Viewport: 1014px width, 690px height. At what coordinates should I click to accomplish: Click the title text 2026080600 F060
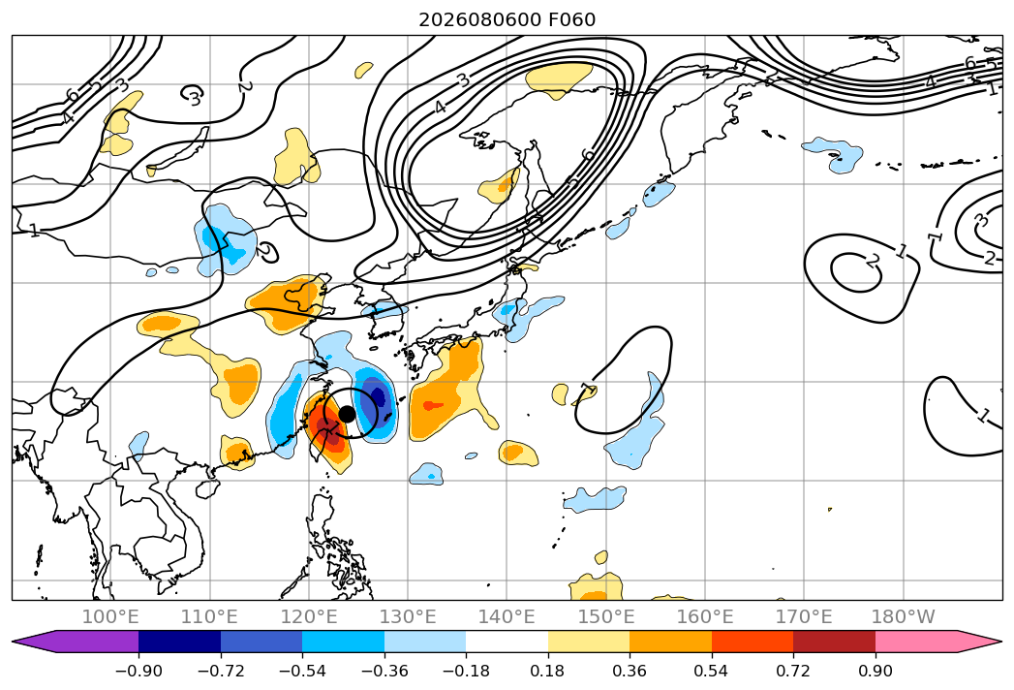(x=507, y=19)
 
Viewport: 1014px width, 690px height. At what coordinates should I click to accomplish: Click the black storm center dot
(x=348, y=414)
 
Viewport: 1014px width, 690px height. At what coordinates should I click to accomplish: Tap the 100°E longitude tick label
(x=110, y=617)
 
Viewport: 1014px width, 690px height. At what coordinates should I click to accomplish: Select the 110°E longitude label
(x=209, y=617)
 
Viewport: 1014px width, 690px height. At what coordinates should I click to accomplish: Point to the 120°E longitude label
(x=309, y=617)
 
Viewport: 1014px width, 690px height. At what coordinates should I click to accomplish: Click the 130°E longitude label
(x=408, y=617)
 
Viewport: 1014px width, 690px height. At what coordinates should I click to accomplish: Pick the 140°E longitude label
(x=507, y=617)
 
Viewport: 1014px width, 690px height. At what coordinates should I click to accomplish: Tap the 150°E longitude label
(x=606, y=617)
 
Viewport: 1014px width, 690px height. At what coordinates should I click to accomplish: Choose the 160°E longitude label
(x=705, y=617)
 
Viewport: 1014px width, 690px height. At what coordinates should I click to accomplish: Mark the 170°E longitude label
(x=804, y=617)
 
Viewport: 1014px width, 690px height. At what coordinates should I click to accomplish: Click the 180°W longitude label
(x=903, y=617)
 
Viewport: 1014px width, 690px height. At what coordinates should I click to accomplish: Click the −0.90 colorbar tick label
(x=138, y=672)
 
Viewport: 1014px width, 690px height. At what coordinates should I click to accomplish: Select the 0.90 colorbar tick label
(x=875, y=672)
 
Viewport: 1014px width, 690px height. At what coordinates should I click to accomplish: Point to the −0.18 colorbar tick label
(x=466, y=672)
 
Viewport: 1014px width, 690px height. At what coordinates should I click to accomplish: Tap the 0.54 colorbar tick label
(x=712, y=672)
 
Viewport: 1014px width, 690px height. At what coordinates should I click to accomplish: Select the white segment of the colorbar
(x=507, y=642)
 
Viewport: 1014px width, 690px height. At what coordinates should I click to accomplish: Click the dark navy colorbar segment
(x=180, y=642)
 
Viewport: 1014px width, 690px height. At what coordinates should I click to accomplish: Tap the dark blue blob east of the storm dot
(x=377, y=395)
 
